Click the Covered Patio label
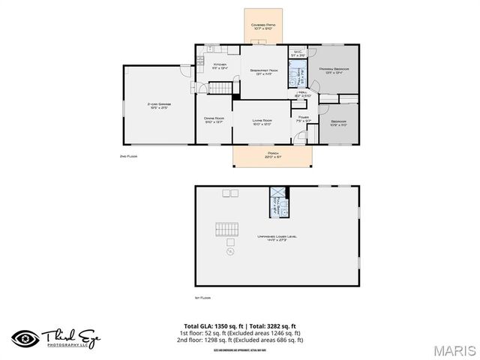click(x=263, y=25)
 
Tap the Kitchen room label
click(x=220, y=66)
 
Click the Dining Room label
click(x=214, y=119)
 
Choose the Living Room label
click(x=261, y=121)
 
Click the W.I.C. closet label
click(x=297, y=53)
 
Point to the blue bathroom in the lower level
click(x=279, y=202)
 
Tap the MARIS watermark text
click(x=453, y=350)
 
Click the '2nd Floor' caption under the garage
click(x=128, y=156)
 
